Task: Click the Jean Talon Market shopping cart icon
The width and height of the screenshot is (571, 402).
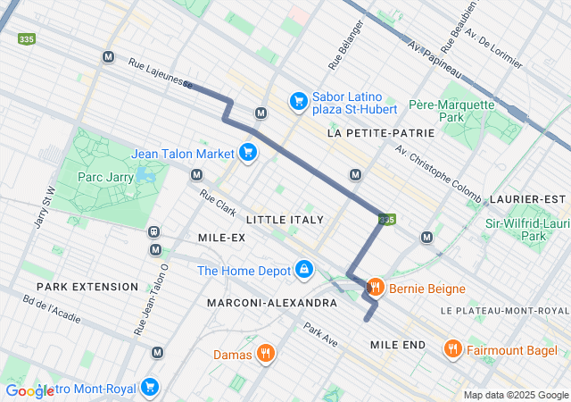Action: (247, 154)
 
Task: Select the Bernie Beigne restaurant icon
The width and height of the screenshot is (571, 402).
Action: (375, 288)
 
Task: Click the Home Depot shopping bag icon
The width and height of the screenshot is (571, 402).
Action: (304, 269)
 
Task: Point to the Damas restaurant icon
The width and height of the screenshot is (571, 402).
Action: (265, 355)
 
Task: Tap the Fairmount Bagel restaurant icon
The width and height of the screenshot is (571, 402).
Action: (453, 348)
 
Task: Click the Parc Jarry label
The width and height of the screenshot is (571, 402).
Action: (105, 177)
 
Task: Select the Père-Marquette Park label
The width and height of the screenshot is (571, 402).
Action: (451, 111)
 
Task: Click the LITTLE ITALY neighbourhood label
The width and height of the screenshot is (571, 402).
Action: (285, 219)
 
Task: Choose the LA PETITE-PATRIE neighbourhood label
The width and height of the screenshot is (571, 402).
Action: (381, 132)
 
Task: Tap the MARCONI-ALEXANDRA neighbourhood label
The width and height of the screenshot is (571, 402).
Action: (272, 303)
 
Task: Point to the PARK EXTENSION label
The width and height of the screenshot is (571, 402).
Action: (87, 287)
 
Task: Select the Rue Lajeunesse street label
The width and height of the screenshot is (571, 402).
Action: (160, 74)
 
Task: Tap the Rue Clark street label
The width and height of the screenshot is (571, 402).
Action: (219, 205)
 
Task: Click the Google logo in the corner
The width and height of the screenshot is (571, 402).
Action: (29, 390)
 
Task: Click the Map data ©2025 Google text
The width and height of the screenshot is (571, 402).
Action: (516, 395)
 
